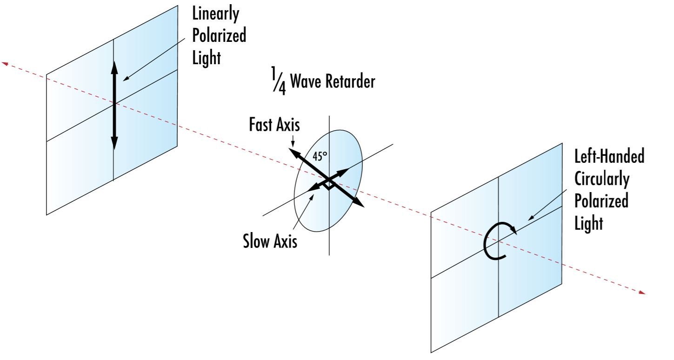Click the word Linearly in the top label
[x=216, y=14]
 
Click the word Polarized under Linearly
[x=219, y=36]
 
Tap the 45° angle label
[x=320, y=157]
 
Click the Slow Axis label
[x=270, y=242]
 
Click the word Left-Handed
[x=609, y=157]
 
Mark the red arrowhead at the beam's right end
[x=642, y=292]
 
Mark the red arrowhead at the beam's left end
[x=6, y=63]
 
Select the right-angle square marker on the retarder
[x=329, y=186]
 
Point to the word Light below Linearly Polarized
[x=205, y=59]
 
